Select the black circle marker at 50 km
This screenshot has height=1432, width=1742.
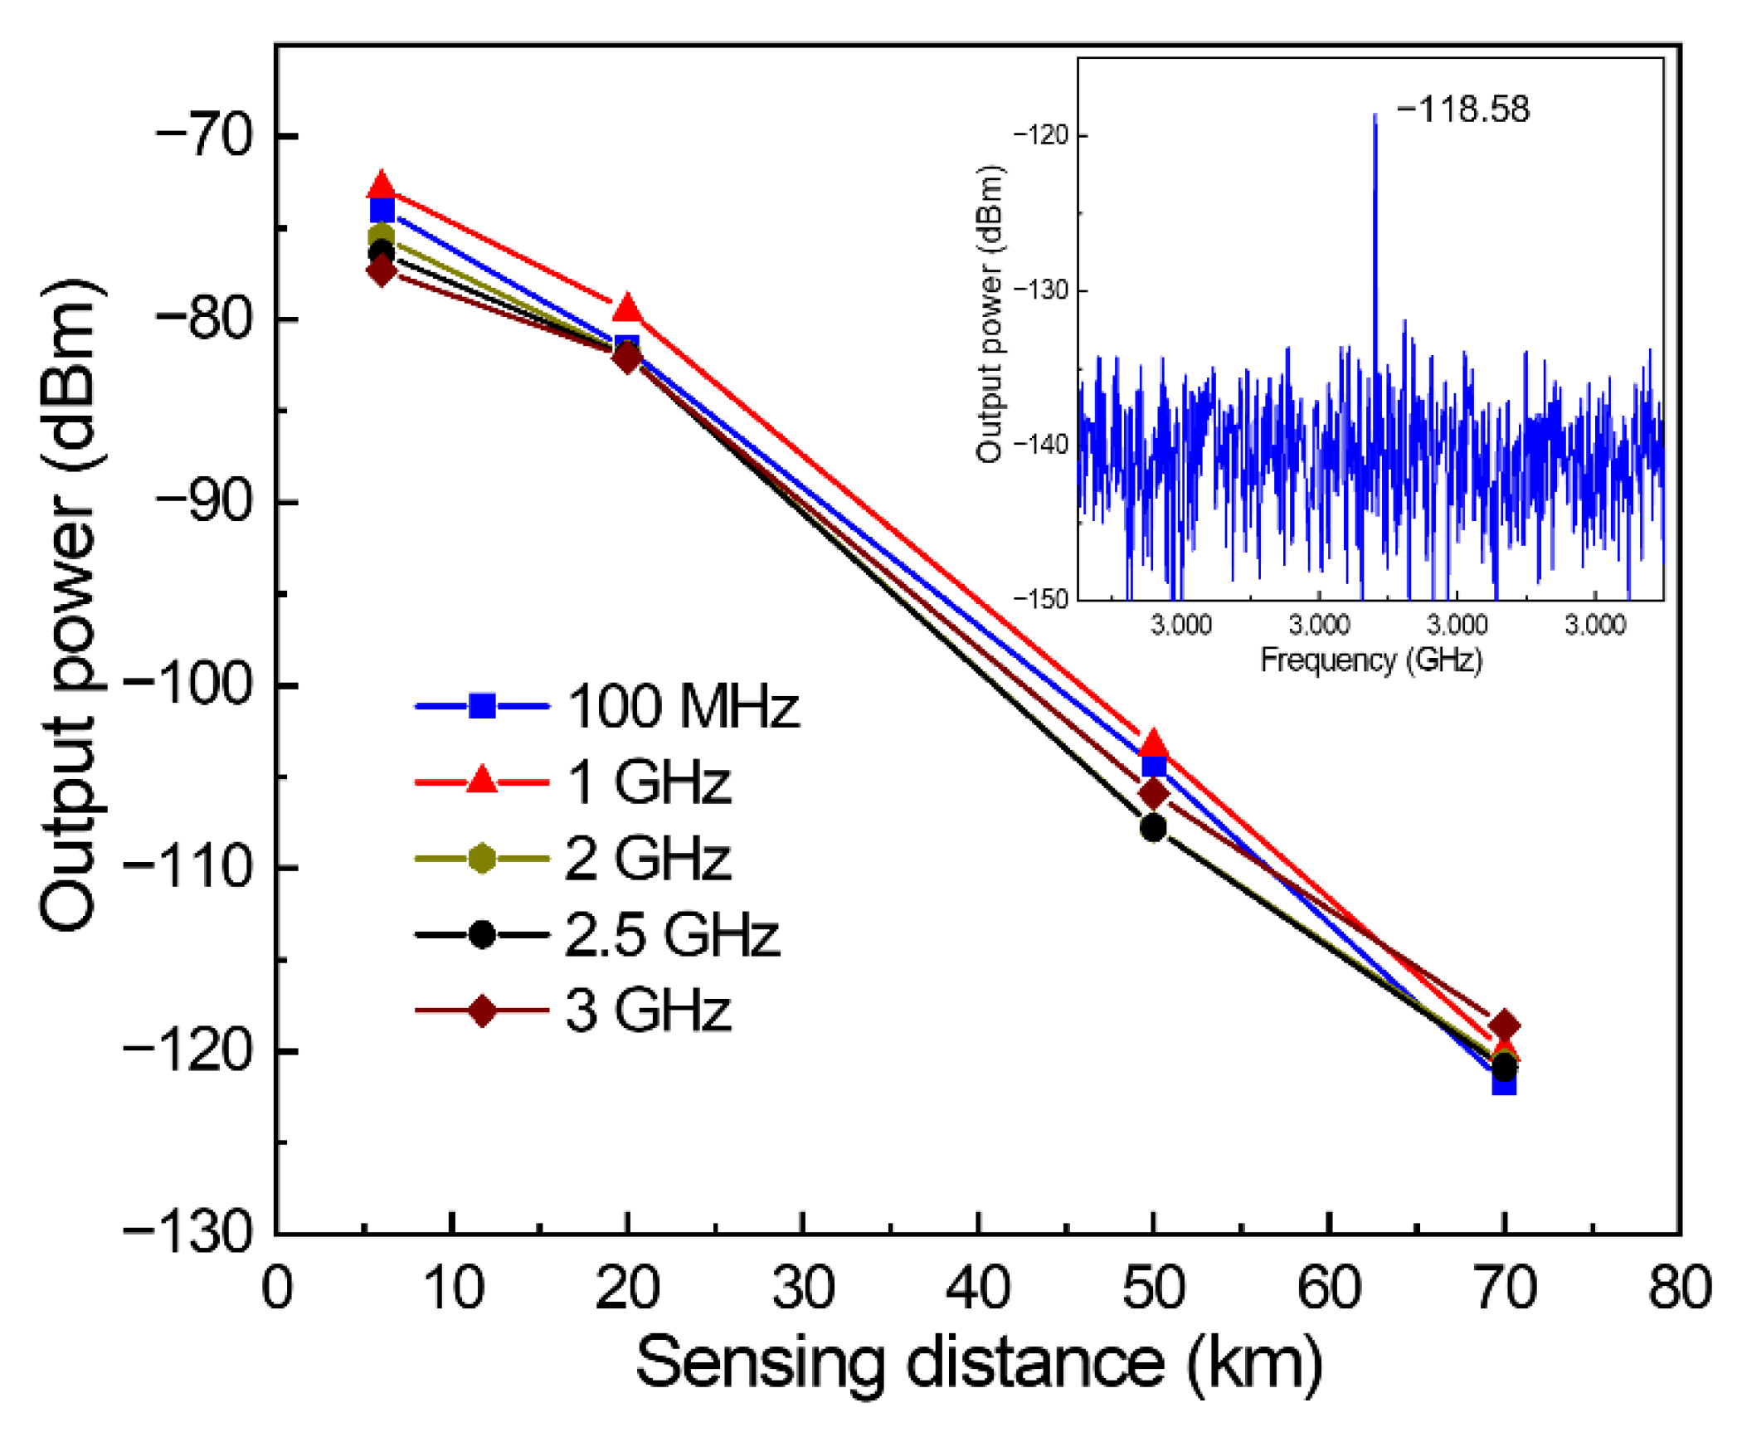pyautogui.click(x=1153, y=827)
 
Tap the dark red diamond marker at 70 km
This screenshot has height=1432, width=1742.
pyautogui.click(x=1505, y=1026)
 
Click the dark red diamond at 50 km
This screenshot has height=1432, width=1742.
pyautogui.click(x=1153, y=794)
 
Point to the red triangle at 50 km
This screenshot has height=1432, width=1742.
pyautogui.click(x=1153, y=743)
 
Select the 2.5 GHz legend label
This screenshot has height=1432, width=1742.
pyautogui.click(x=672, y=935)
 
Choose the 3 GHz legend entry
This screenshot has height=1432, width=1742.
pyautogui.click(x=648, y=1011)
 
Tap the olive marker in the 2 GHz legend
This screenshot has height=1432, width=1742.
pyautogui.click(x=482, y=859)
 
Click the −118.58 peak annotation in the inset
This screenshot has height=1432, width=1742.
pyautogui.click(x=1463, y=110)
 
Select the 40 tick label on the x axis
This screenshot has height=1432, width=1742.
pyautogui.click(x=979, y=1288)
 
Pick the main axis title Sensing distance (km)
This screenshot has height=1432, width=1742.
pyautogui.click(x=979, y=1363)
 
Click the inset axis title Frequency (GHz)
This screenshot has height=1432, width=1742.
pyautogui.click(x=1371, y=660)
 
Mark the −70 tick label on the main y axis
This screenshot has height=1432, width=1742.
pyautogui.click(x=203, y=135)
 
